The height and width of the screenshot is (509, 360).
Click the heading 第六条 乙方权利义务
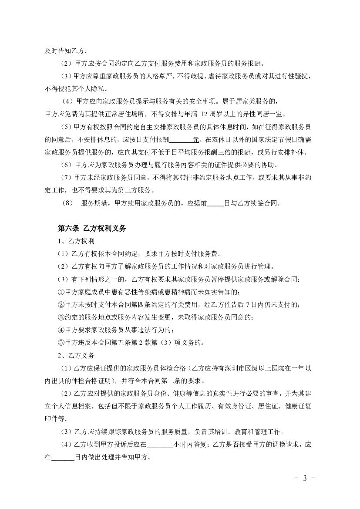[x=92, y=228]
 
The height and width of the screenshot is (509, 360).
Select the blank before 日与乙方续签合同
[x=215, y=203]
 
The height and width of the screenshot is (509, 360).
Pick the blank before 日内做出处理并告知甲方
[x=63, y=458]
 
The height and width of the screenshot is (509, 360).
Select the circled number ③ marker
[x=61, y=317]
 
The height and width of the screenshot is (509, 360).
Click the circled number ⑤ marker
[x=61, y=342]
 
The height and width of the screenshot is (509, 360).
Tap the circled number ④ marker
[x=61, y=330]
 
